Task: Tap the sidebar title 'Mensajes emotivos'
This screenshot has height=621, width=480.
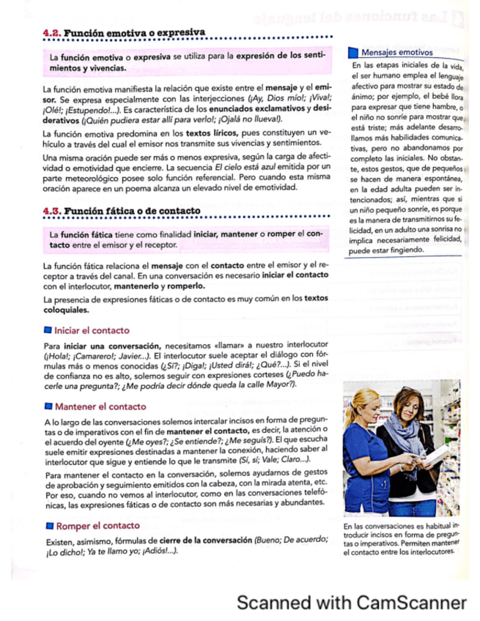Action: [x=396, y=53]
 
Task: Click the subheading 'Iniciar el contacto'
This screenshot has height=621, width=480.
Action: [x=92, y=330]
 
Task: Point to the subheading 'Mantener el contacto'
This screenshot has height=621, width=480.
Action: [x=100, y=406]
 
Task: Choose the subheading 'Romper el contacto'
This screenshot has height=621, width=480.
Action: [x=97, y=526]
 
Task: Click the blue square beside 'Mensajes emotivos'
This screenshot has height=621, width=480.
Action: [x=353, y=53]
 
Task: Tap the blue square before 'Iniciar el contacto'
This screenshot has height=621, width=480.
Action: [x=48, y=330]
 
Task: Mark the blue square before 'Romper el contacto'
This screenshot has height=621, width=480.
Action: [x=48, y=526]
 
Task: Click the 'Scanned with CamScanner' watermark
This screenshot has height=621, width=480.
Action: [x=351, y=603]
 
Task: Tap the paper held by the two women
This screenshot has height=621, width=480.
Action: [x=437, y=454]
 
